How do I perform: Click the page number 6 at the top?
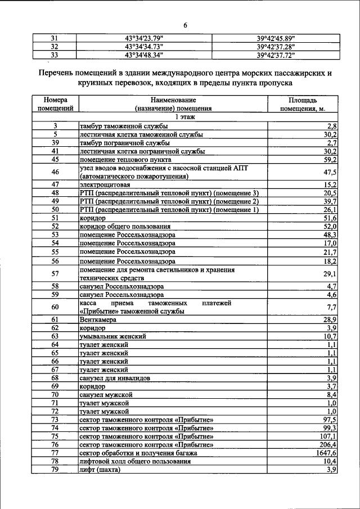click(x=184, y=25)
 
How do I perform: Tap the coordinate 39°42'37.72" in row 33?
click(x=276, y=55)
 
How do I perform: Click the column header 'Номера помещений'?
click(x=55, y=103)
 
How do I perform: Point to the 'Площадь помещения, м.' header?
click(x=303, y=103)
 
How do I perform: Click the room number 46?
click(x=55, y=172)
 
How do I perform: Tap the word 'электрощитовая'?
click(x=105, y=184)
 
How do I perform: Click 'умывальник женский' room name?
click(x=113, y=336)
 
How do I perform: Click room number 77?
click(x=55, y=453)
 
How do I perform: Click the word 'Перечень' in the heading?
click(x=55, y=73)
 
